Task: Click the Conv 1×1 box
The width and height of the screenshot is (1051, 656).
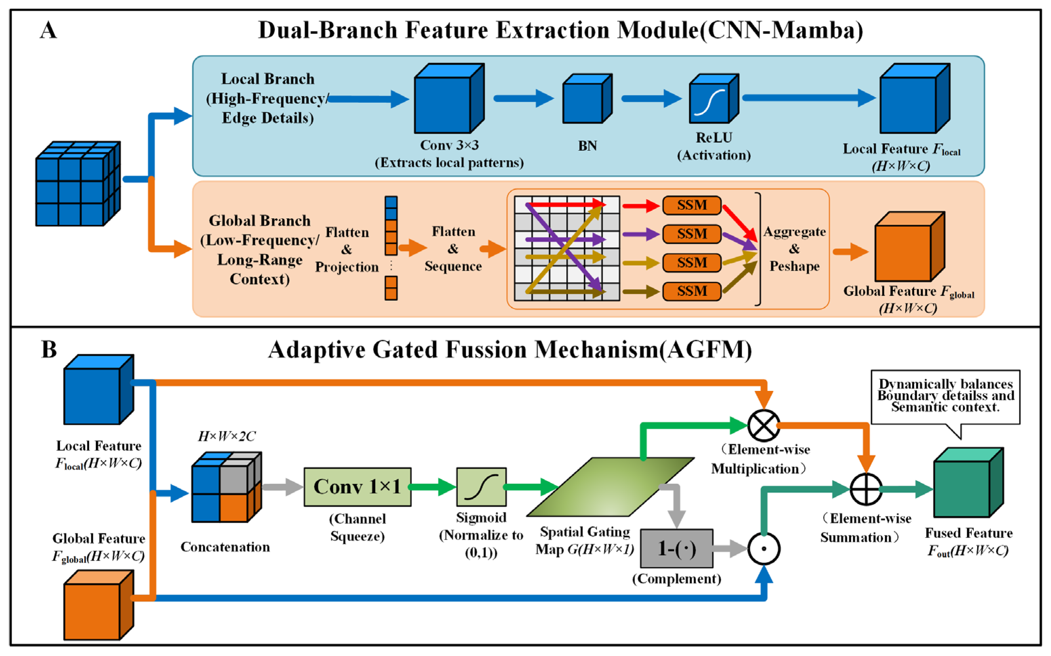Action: coord(357,487)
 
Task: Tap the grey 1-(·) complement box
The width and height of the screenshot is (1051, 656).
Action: coord(676,549)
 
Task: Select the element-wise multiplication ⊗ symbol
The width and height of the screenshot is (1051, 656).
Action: coord(764,425)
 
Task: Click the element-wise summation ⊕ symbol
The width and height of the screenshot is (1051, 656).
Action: coord(866,490)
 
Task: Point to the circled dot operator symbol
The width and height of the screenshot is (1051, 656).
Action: coord(764,549)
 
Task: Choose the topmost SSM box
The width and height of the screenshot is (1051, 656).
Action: coord(692,205)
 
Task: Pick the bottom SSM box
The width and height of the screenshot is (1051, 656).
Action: coord(692,291)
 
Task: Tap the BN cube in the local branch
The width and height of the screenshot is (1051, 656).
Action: coord(588,99)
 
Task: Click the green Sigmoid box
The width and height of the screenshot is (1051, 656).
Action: coord(481,487)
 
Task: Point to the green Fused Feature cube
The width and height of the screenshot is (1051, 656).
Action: coord(969,482)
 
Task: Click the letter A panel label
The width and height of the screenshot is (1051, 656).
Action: coord(48,31)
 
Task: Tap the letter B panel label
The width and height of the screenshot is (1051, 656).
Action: coord(49,349)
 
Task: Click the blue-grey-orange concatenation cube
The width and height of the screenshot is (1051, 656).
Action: coord(227,487)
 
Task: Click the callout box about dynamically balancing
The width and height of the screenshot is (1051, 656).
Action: coord(945,397)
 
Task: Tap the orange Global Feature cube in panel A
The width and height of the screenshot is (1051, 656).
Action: coord(910,246)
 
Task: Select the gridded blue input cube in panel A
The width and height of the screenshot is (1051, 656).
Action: coord(78,183)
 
